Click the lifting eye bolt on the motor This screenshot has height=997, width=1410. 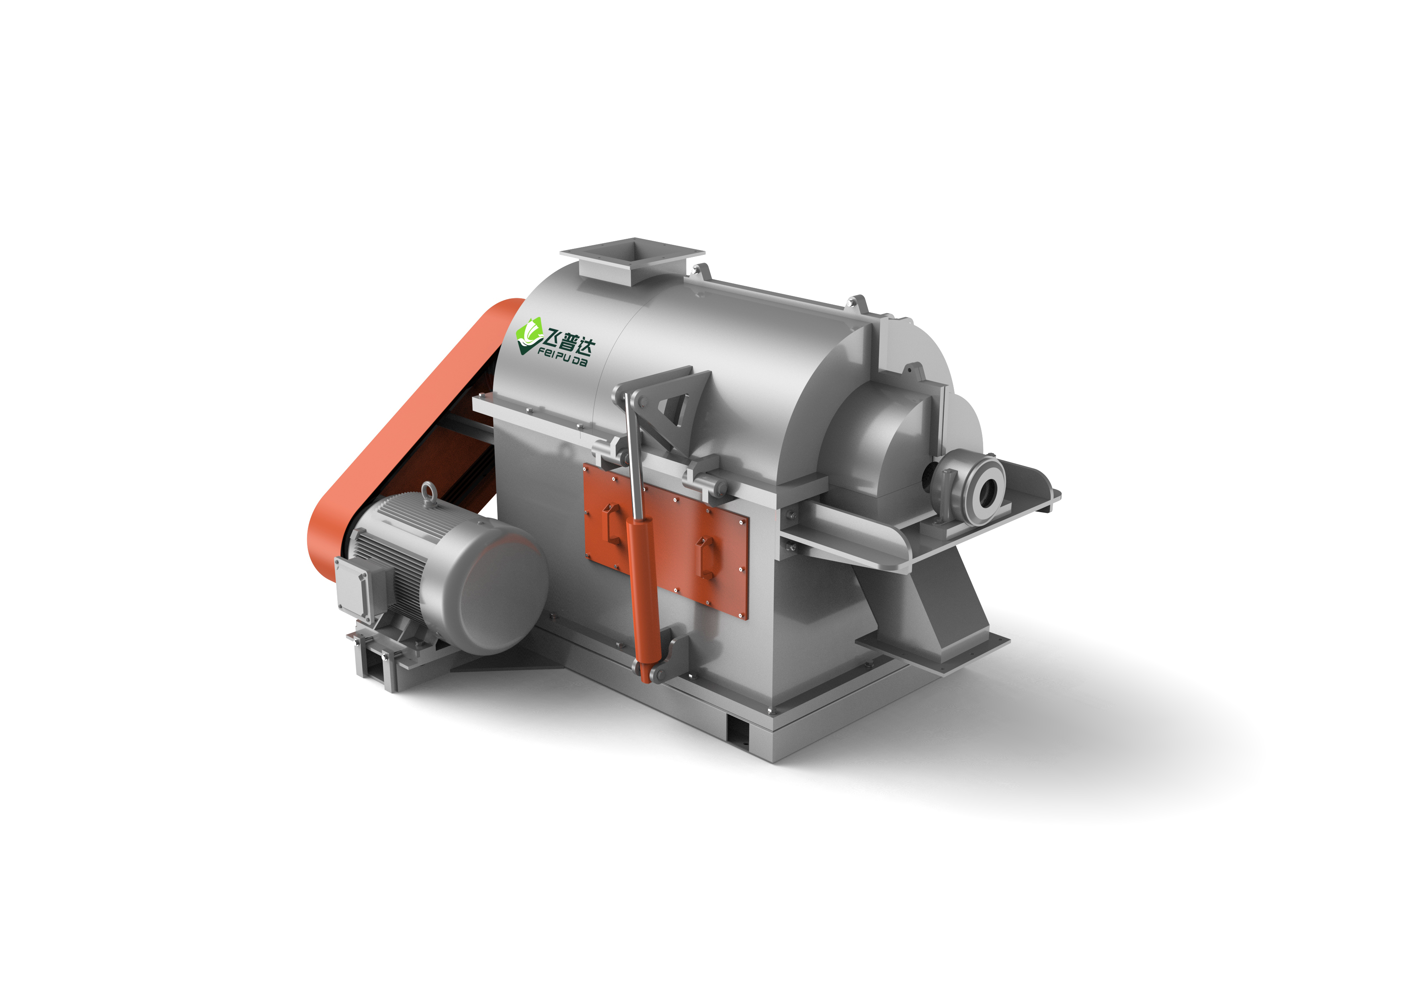428,495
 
